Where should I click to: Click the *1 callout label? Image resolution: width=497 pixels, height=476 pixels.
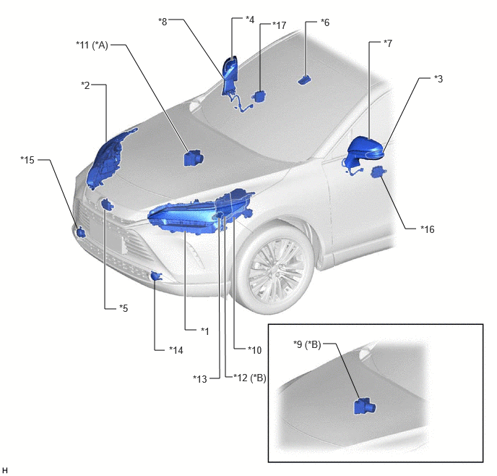click(205, 331)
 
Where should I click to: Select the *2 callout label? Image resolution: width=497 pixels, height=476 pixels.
click(85, 85)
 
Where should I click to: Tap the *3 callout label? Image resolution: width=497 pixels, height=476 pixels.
click(438, 79)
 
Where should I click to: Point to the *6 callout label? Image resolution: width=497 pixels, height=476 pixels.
click(325, 22)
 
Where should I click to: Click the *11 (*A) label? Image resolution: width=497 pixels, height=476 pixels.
click(92, 45)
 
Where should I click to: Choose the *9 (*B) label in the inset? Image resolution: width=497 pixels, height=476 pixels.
click(307, 344)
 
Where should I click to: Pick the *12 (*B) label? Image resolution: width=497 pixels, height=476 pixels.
click(250, 378)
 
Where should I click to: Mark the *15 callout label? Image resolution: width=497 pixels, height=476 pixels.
click(27, 160)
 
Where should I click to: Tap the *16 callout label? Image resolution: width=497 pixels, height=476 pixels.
click(427, 229)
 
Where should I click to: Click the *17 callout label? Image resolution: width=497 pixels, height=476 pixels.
click(280, 25)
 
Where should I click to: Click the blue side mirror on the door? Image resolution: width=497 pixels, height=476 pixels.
click(365, 150)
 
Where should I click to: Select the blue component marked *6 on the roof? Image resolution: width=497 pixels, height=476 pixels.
click(304, 80)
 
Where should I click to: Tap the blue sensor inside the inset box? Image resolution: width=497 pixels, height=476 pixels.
click(365, 407)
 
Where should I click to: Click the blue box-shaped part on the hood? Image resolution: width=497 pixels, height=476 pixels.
click(194, 158)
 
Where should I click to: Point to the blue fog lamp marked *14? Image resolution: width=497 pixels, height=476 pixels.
click(156, 276)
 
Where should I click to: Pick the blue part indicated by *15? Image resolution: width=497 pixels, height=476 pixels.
click(81, 233)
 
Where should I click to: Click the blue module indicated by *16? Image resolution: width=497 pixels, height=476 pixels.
click(378, 171)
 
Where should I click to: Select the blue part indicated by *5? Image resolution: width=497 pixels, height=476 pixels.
click(107, 204)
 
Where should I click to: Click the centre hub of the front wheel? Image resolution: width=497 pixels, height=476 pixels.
click(275, 269)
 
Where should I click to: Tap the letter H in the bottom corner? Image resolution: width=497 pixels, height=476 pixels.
click(5, 470)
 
